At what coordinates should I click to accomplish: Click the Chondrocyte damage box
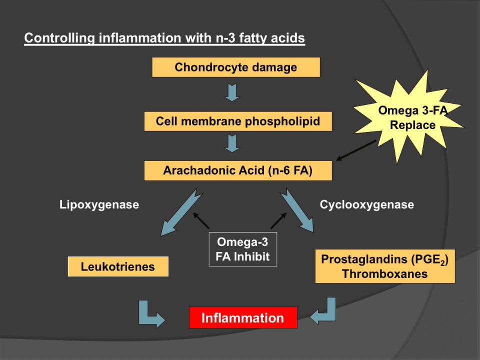235,67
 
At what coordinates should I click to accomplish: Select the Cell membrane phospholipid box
237,121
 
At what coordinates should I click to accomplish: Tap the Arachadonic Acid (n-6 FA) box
237,170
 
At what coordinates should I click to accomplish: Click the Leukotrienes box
118,266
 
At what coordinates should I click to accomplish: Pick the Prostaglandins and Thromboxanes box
385,266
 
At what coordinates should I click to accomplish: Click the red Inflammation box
243,317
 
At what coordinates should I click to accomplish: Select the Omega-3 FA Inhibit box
242,249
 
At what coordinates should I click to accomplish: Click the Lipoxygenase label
99,204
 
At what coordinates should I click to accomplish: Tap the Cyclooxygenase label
366,204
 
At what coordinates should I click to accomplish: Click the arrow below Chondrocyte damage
232,92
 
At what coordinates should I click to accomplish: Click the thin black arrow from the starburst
356,150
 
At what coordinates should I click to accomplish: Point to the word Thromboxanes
384,273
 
